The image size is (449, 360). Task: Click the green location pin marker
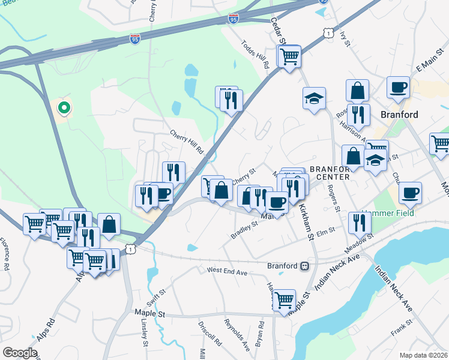click(x=64, y=109)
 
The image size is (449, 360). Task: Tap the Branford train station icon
click(x=306, y=265)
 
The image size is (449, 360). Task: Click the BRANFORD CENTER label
click(x=330, y=173)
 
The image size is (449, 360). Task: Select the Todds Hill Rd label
click(x=255, y=55)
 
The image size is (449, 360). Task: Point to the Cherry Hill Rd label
click(x=187, y=142)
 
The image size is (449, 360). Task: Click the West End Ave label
click(x=228, y=272)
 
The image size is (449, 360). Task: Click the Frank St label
click(x=399, y=328)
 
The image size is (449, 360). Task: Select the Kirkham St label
click(x=306, y=223)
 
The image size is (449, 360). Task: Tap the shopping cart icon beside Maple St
click(x=284, y=299)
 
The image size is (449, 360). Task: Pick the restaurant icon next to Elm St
click(x=360, y=223)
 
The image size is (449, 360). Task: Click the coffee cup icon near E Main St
click(x=398, y=88)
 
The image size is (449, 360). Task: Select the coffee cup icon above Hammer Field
click(x=411, y=193)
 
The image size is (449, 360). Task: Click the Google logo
click(x=20, y=353)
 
